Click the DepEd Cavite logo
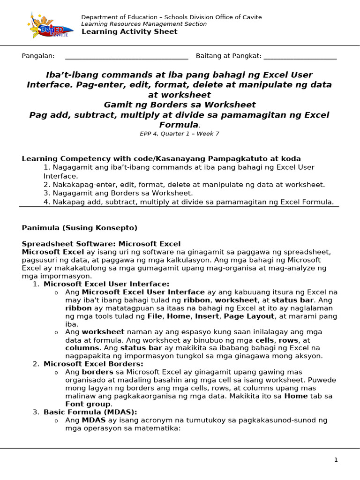pyautogui.click(x=49, y=25)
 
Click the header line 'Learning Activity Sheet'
pyautogui.click(x=129, y=31)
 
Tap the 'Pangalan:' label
pyautogui.click(x=38, y=56)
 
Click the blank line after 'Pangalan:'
pyautogui.click(x=127, y=57)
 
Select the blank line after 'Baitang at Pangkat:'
pyautogui.click(x=300, y=57)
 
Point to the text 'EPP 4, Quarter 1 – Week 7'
pyautogui.click(x=180, y=134)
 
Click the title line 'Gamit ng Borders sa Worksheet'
pyautogui.click(x=180, y=105)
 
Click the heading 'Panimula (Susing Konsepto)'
pyautogui.click(x=80, y=228)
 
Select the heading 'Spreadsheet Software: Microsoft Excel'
pyautogui.click(x=101, y=244)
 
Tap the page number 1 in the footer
pyautogui.click(x=336, y=460)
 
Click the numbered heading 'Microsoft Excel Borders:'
pyautogui.click(x=93, y=364)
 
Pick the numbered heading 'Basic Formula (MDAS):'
pyautogui.click(x=90, y=412)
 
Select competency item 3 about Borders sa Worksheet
pyautogui.click(x=118, y=193)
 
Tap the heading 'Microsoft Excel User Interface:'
pyautogui.click(x=106, y=284)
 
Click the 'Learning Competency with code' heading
pyautogui.click(x=161, y=159)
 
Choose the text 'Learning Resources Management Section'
pyautogui.click(x=144, y=24)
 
